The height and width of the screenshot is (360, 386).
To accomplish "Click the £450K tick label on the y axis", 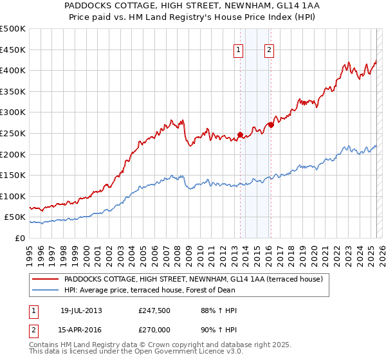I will tap(13, 50).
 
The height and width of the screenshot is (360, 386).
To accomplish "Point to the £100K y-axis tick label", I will tap(13, 196).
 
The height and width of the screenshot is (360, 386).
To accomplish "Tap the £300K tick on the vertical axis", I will tap(13, 113).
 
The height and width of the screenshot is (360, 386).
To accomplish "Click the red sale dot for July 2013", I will tap(240, 134).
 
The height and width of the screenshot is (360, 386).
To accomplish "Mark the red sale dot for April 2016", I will tap(271, 125).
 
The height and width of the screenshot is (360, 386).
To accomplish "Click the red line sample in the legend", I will tap(45, 279).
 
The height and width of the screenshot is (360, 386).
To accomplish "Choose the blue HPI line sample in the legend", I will tap(45, 289).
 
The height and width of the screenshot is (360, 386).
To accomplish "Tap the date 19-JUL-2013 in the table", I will tap(81, 310).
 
